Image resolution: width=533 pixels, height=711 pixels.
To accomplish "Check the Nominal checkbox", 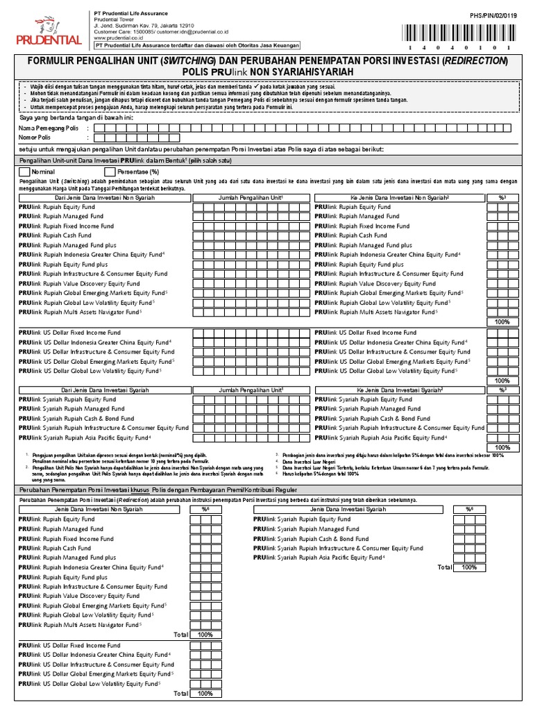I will click(x=25, y=171).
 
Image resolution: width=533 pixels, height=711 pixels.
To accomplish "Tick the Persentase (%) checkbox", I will click(x=109, y=171).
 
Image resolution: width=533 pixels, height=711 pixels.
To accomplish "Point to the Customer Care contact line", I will click(x=161, y=32).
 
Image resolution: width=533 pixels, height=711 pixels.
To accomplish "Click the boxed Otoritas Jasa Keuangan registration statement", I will click(x=197, y=46).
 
